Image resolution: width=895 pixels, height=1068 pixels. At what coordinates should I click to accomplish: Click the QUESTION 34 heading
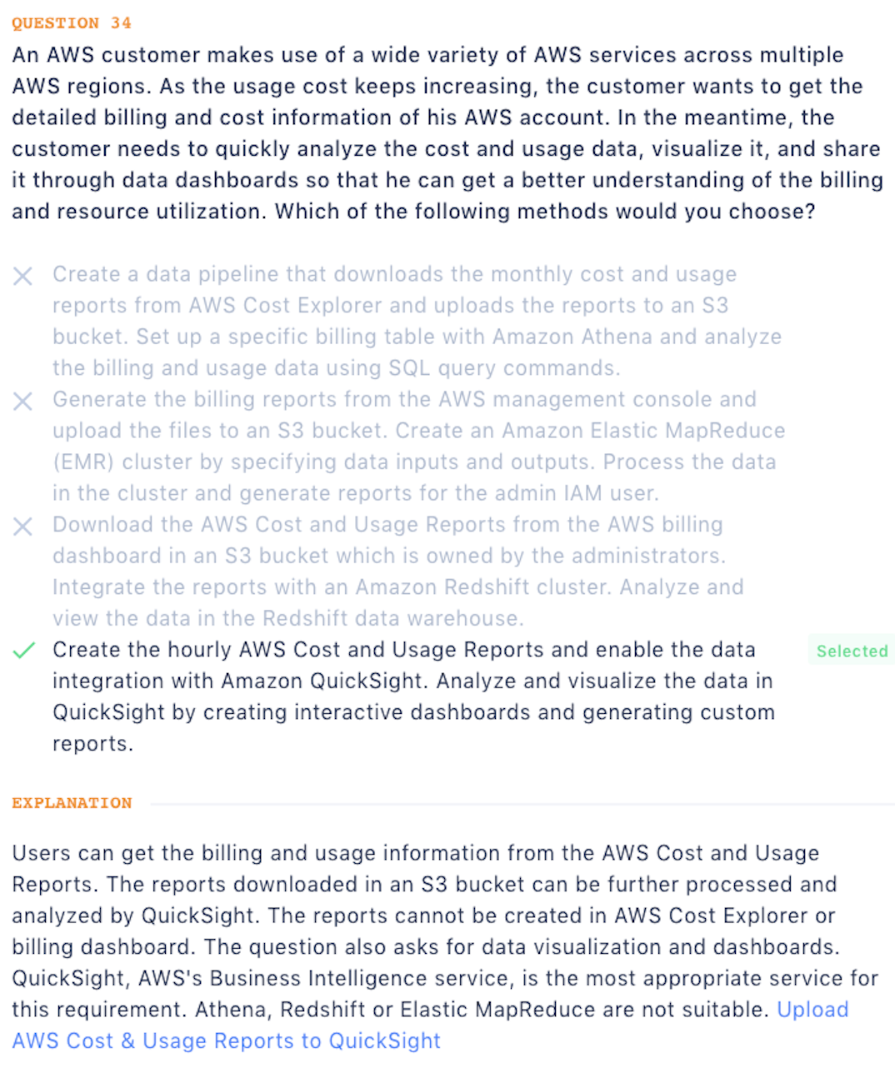pos(72,23)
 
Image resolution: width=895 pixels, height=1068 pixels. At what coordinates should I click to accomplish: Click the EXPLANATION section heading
pos(72,803)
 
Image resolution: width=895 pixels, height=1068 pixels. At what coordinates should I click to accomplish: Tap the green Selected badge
pos(852,651)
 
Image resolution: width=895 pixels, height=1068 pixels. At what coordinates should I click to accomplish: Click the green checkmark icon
pos(24,651)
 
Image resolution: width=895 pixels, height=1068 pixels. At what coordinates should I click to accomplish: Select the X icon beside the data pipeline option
pos(23,276)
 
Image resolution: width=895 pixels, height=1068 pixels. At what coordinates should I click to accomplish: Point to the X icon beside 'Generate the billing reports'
pos(23,402)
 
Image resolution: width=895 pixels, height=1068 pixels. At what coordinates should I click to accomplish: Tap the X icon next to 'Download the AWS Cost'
pos(23,527)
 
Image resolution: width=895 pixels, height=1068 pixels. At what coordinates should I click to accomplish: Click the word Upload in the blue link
pos(812,1010)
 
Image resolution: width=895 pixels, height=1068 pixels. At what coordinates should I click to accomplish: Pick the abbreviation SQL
pos(408,368)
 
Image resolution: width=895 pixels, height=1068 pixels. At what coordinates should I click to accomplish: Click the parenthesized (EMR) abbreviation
pos(82,462)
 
